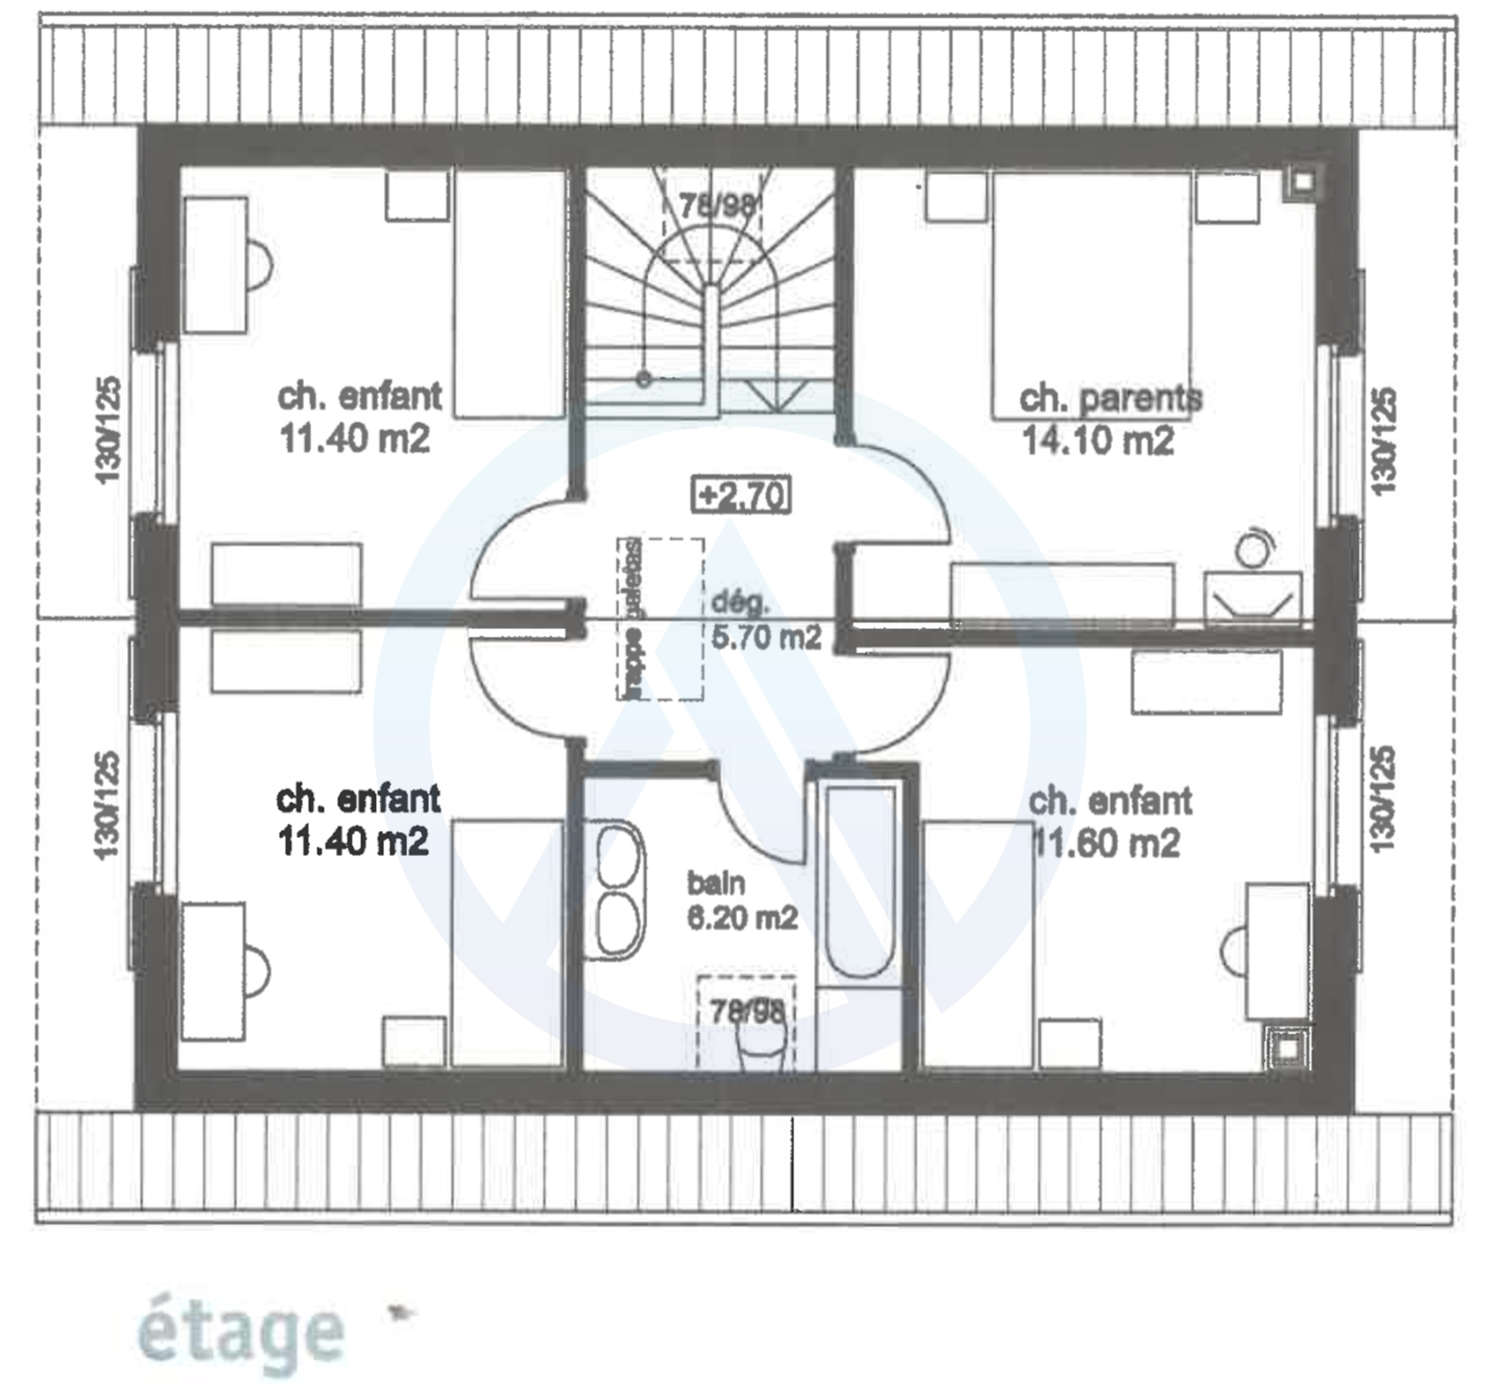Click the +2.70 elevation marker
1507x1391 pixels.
[x=741, y=495]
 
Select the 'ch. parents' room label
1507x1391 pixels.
[x=1110, y=398]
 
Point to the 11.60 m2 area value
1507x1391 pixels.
[x=1107, y=843]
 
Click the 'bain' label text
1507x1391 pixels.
[x=715, y=883]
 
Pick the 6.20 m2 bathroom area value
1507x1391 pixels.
[x=742, y=918]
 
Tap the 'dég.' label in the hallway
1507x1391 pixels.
[x=741, y=602]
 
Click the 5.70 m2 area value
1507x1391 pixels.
[x=766, y=638]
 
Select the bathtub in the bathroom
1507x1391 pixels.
[x=860, y=880]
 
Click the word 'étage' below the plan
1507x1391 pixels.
[x=241, y=1332]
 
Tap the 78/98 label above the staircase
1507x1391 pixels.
[x=715, y=206]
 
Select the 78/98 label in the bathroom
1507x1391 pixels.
[x=746, y=1011]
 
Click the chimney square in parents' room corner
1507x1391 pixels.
[x=1302, y=181]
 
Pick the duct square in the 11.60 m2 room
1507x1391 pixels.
[x=1288, y=1047]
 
